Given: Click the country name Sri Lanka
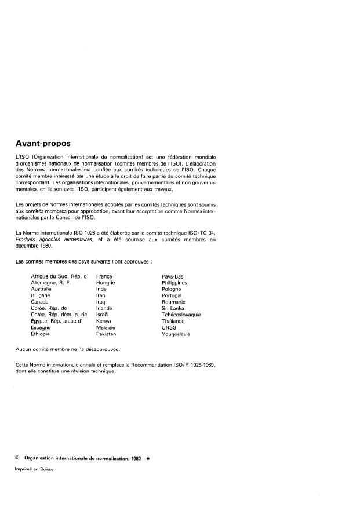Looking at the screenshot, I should [x=173, y=308].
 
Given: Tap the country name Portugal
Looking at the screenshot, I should [x=172, y=295].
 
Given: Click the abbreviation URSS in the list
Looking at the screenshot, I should [x=169, y=327].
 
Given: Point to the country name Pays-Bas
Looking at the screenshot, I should [x=173, y=277].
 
